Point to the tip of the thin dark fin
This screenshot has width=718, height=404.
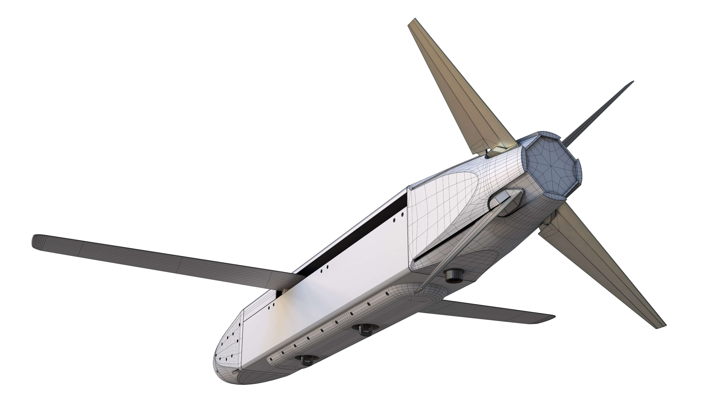click(632, 82)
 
